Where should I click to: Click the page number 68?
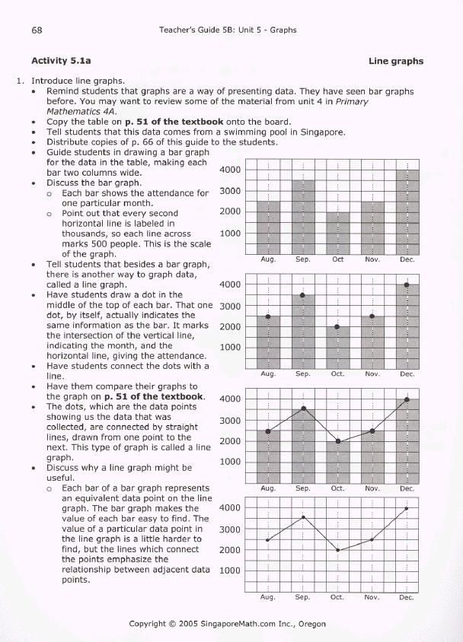point(37,30)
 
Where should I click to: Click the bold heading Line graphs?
point(396,61)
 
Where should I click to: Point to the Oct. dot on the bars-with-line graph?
point(338,441)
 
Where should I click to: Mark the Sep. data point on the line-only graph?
point(303,517)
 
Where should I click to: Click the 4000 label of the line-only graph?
point(230,508)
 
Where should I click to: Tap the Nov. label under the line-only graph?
point(372,598)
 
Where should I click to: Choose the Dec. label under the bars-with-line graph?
point(407,488)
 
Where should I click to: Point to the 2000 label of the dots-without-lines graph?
point(230,327)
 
